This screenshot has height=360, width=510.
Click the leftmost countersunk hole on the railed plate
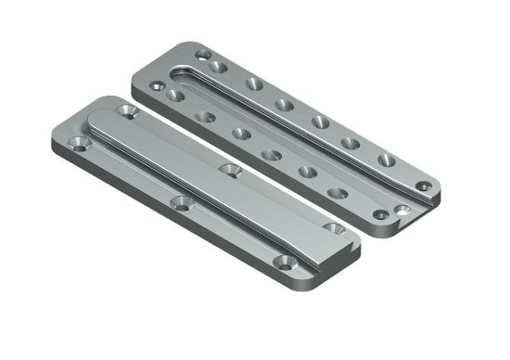pyautogui.click(x=79, y=144)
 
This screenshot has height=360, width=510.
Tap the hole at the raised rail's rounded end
pyautogui.click(x=126, y=111)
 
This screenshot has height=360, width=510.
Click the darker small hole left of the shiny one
pyautogui.click(x=380, y=215)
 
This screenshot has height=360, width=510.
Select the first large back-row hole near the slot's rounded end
pyautogui.click(x=220, y=67)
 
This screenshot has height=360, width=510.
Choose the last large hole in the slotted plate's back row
pyautogui.click(x=387, y=161)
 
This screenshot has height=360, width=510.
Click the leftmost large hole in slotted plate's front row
pyautogui.click(x=173, y=95)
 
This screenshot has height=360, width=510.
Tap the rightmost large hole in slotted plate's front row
pyautogui.click(x=338, y=194)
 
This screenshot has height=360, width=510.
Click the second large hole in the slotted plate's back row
pyautogui.click(x=253, y=84)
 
